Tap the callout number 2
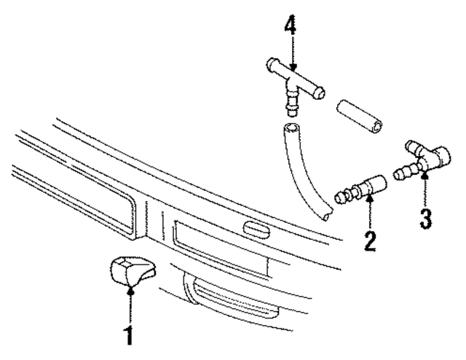tap(371, 240)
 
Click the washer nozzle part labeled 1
tap(130, 270)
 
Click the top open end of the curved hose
tap(291, 130)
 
